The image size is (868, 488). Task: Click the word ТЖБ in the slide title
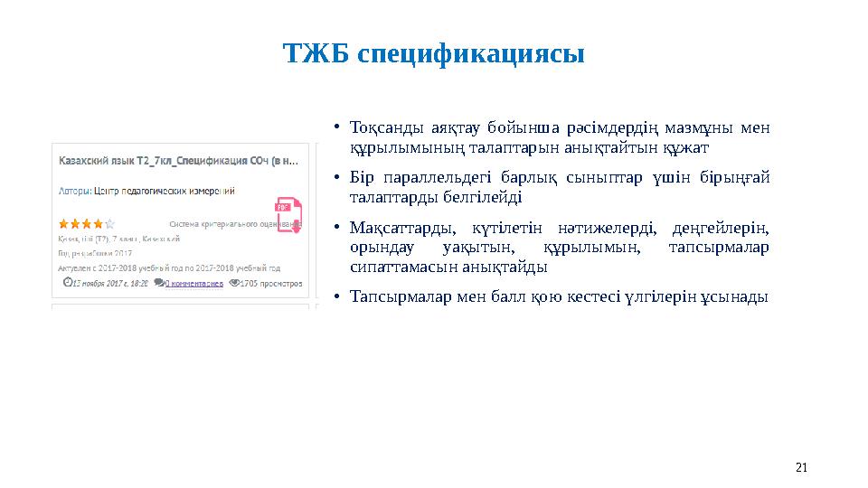click(316, 53)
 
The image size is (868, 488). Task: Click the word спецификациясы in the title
click(471, 54)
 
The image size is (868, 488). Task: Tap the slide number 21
click(800, 467)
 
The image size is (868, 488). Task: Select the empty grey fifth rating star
click(109, 223)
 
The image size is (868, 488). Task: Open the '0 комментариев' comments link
click(193, 283)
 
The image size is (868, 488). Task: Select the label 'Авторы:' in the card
click(74, 191)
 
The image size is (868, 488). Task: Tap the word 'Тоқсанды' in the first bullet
click(380, 127)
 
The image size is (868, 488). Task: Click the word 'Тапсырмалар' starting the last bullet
click(394, 296)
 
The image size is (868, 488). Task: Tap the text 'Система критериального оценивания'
click(233, 223)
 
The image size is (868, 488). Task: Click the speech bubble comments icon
click(159, 283)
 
